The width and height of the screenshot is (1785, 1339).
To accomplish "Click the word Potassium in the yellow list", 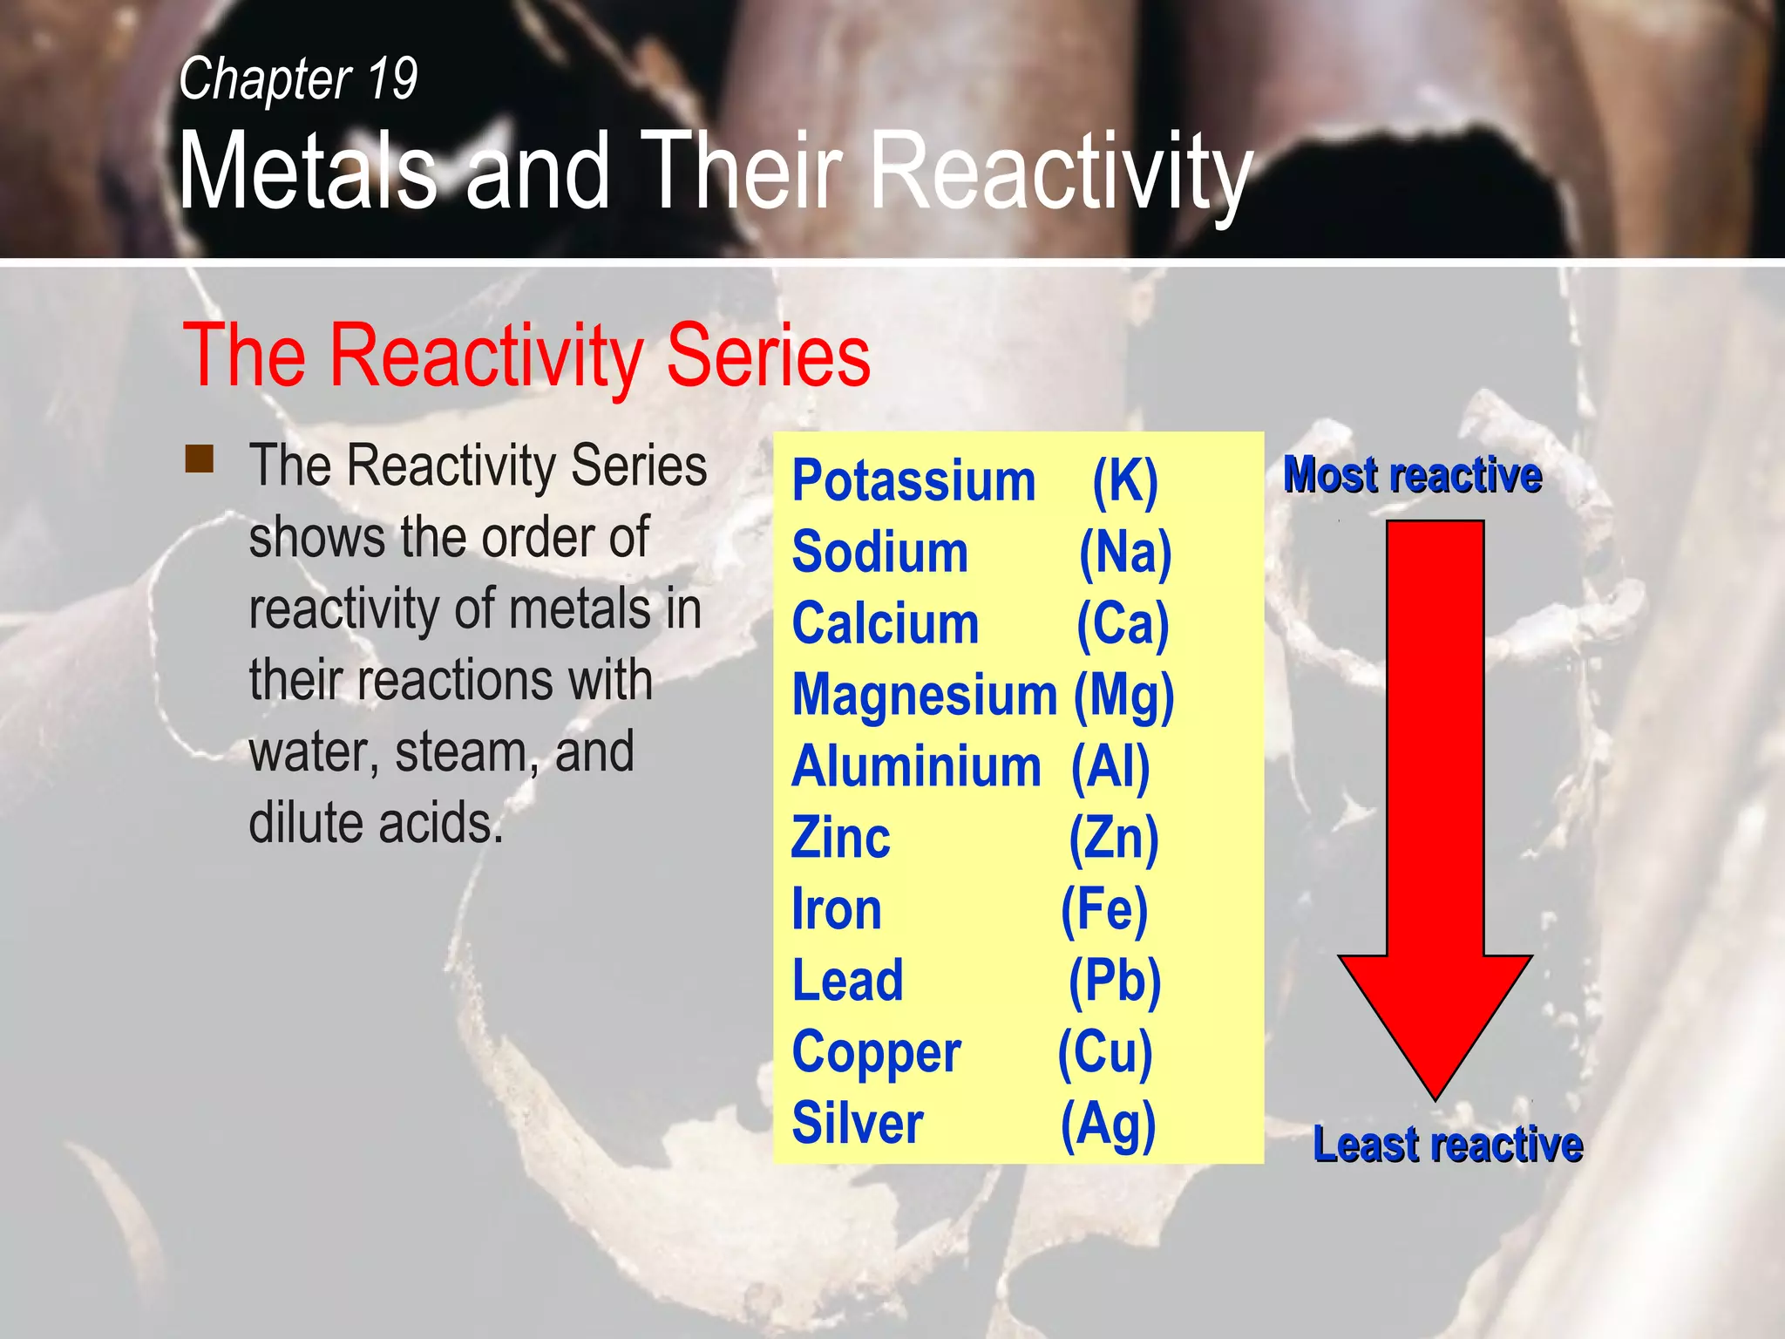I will coord(913,481).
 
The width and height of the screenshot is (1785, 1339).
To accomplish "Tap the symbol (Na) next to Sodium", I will coord(1124,553).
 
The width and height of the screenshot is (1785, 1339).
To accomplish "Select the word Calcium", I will coord(885,624).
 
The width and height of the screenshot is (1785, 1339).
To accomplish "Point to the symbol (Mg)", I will coord(1123,697).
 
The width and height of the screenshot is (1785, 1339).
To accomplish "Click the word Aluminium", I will coord(915,767).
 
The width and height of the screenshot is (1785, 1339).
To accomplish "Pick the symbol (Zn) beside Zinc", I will coord(1113,839).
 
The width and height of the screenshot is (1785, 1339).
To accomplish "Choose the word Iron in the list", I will coord(836,910).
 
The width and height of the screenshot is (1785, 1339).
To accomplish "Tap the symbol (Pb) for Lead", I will coord(1114,982).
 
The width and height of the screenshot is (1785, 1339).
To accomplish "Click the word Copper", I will coord(876,1053).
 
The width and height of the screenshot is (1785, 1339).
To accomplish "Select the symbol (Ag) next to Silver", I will coord(1107,1125).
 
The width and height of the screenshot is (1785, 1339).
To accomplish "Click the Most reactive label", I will coord(1412,476).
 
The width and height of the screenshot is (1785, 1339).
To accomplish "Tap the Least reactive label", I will coord(1447,1145).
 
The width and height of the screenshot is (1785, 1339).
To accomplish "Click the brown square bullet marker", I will coord(200,459).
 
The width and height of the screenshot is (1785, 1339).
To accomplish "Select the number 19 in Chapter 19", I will coord(392,79).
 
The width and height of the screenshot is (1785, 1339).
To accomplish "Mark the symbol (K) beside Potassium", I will coord(1124,481).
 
